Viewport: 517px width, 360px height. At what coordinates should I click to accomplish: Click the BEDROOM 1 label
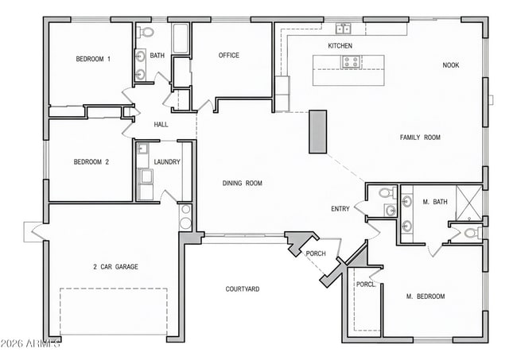[x=93, y=59]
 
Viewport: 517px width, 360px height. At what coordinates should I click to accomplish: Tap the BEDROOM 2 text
[x=91, y=162]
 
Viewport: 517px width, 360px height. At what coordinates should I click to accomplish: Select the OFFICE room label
[x=229, y=56]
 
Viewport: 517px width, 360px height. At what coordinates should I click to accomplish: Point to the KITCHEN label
[x=340, y=46]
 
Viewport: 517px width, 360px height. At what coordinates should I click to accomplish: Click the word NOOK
[x=450, y=65]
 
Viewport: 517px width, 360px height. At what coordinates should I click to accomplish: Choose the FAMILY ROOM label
[x=419, y=137]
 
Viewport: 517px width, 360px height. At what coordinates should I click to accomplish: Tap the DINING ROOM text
[x=242, y=184]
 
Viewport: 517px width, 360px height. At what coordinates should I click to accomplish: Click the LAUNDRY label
[x=167, y=162]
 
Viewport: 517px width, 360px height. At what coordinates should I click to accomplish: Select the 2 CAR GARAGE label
[x=115, y=267]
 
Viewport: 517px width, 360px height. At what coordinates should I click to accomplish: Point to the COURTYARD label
[x=242, y=289]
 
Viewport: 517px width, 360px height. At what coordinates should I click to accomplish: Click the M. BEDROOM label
[x=426, y=296]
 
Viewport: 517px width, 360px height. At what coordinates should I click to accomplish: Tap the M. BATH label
[x=435, y=202]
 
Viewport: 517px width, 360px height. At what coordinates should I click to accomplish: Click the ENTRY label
[x=340, y=209]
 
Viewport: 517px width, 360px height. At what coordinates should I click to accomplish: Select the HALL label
[x=161, y=125]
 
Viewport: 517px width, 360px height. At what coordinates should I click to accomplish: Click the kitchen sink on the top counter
[x=344, y=29]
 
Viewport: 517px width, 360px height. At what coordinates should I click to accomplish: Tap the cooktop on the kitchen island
[x=351, y=61]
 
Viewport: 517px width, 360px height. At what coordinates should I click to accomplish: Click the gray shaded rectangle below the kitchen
[x=317, y=131]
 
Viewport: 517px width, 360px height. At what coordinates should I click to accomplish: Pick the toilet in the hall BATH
[x=145, y=32]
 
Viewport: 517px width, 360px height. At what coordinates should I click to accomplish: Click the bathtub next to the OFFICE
[x=181, y=38]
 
